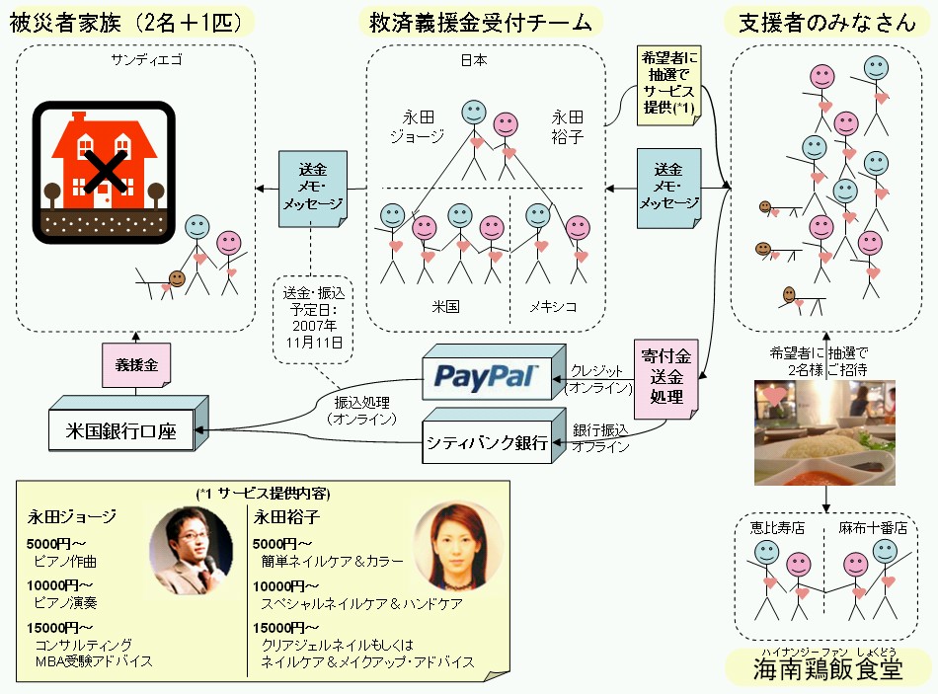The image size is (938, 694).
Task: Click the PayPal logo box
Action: pyautogui.click(x=487, y=375)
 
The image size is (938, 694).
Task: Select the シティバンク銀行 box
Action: pyautogui.click(x=486, y=442)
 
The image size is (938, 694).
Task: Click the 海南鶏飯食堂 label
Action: pyautogui.click(x=827, y=670)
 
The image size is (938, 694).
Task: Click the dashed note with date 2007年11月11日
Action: pyautogui.click(x=310, y=318)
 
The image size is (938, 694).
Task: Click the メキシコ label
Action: pyautogui.click(x=552, y=306)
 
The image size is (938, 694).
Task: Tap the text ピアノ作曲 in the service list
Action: pyautogui.click(x=65, y=562)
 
